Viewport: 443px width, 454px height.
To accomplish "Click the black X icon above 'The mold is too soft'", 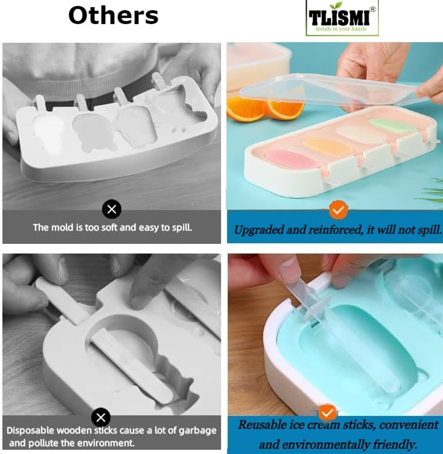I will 112,209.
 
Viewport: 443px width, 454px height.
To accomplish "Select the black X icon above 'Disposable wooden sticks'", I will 101,417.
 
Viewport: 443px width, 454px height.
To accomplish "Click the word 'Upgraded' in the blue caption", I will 258,230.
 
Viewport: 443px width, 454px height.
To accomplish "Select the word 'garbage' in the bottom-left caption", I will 198,430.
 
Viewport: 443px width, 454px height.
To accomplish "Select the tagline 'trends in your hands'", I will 341,29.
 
